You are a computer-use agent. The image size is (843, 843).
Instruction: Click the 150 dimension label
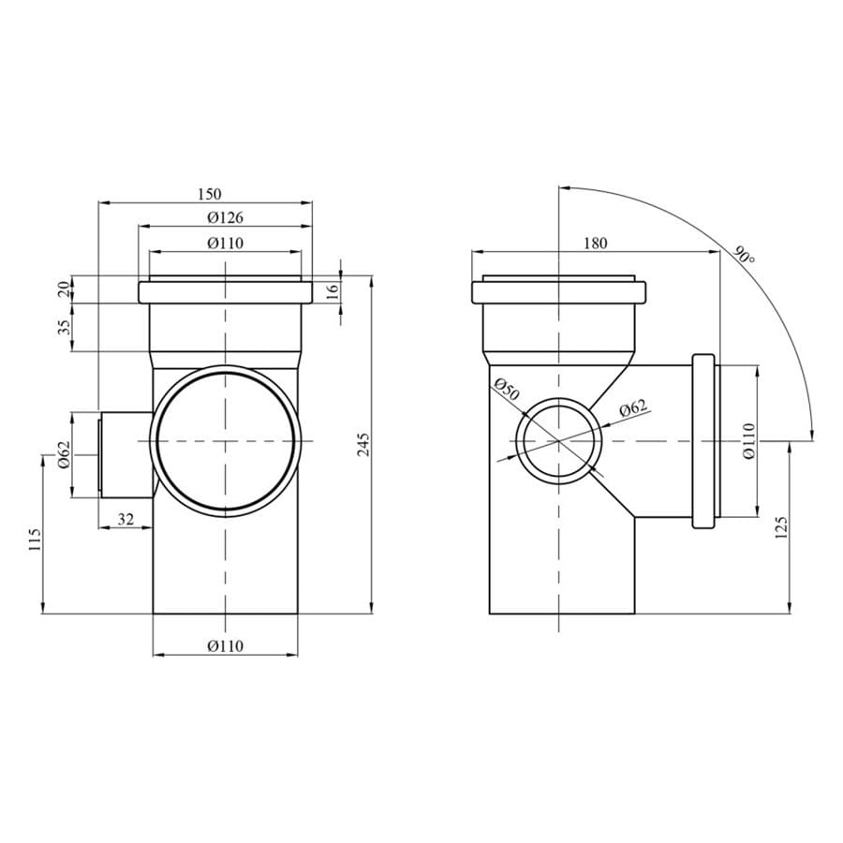coord(210,194)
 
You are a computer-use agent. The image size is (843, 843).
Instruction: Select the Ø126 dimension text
coord(225,217)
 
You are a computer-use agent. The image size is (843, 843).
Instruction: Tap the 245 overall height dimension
coord(364,445)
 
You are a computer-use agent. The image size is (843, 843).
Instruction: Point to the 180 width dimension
coord(595,243)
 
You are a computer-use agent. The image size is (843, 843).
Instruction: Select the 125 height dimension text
coord(781,527)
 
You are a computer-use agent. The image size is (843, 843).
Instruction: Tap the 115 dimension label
coord(35,539)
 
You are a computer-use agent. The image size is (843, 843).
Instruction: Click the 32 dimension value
coord(126,519)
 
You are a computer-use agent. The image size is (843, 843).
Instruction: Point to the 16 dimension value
coord(333,289)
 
